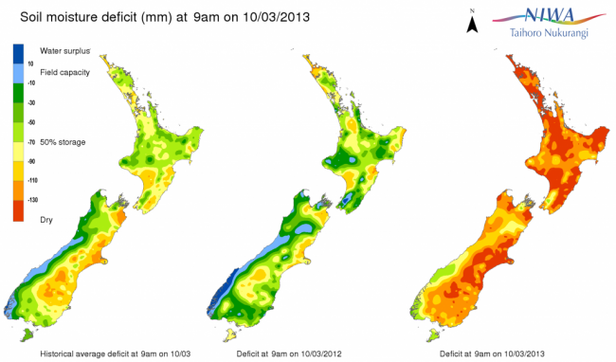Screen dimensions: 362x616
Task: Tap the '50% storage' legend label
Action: tap(63, 142)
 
